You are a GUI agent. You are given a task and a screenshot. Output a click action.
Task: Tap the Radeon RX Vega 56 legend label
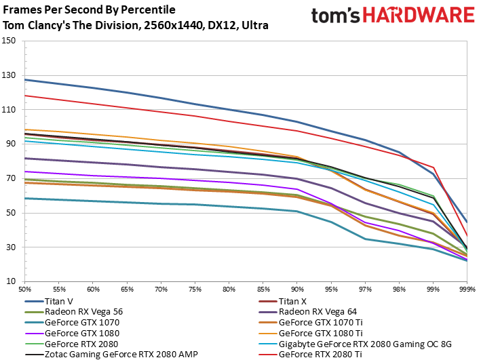tap(83, 312)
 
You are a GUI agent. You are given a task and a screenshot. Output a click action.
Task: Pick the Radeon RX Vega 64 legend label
tap(318, 312)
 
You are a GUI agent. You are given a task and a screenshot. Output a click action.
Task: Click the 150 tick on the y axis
tap(9, 41)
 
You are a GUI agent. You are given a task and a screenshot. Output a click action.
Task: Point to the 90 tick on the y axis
tap(11, 144)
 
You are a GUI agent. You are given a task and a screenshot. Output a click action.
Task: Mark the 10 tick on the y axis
tap(11, 281)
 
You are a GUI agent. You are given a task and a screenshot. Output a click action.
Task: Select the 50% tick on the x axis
tap(25, 289)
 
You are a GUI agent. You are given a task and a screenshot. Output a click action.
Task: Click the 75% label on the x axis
tap(195, 289)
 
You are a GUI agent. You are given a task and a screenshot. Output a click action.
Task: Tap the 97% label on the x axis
tap(365, 289)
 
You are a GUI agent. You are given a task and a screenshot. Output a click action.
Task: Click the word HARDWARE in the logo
tap(419, 15)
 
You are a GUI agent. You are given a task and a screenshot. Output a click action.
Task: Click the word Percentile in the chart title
tap(148, 9)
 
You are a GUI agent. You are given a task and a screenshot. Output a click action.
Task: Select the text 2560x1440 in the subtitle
tap(173, 25)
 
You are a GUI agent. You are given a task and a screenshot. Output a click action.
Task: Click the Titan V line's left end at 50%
tap(25, 80)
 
